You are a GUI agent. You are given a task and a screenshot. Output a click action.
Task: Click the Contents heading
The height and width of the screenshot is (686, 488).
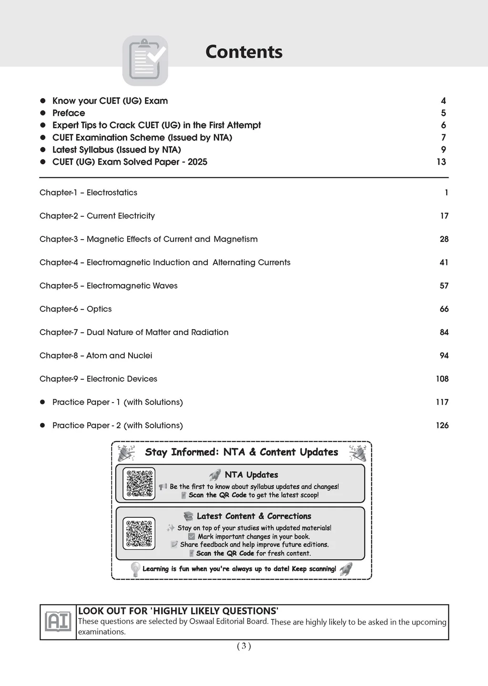pos(244,52)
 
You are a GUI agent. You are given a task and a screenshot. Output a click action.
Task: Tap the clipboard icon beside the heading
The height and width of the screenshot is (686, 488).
pos(145,61)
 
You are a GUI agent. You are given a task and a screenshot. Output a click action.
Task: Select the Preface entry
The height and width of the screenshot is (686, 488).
pos(69,113)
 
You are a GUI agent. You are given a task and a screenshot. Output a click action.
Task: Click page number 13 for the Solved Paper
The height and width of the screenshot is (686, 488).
pos(441,162)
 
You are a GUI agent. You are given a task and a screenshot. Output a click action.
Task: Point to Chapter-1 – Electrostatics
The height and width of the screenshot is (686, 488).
pos(88,192)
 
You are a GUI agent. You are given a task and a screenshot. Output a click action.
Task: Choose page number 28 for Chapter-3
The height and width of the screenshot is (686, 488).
pos(444,239)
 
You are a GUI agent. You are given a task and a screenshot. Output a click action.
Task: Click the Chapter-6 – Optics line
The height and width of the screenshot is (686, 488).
pos(75,309)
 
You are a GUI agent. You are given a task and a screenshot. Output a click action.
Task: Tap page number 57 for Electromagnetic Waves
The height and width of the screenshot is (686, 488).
pos(444,286)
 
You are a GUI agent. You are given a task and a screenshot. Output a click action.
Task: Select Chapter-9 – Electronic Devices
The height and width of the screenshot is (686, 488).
pos(98,379)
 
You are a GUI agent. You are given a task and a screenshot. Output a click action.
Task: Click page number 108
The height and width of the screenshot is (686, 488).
pos(442,379)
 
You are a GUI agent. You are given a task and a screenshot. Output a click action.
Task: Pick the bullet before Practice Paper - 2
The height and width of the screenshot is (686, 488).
pos(42,425)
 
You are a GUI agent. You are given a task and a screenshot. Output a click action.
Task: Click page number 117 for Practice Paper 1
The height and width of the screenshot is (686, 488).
pos(442,402)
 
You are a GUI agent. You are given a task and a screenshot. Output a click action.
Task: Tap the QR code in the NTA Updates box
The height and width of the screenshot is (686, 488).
pos(139,484)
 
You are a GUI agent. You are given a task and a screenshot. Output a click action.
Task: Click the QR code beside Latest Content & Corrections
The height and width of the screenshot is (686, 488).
pos(139,533)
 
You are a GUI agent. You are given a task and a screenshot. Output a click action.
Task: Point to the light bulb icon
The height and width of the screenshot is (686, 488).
pos(135,569)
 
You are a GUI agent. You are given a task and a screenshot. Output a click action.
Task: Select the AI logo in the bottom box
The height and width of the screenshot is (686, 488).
pos(58,622)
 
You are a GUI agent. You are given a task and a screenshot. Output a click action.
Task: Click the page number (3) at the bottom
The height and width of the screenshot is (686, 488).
pos(244,646)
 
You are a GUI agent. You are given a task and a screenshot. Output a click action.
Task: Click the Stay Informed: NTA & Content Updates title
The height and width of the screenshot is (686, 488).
pos(241,452)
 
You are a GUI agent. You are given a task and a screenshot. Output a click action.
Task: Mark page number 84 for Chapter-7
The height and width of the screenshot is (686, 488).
pos(444,332)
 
